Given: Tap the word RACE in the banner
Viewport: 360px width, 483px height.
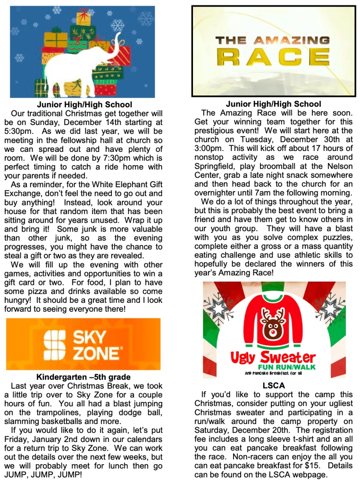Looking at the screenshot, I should click(x=273, y=57).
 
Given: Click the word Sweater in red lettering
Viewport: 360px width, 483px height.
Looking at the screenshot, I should click(x=286, y=357).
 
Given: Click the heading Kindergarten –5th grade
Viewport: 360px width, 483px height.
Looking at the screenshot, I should click(x=83, y=377).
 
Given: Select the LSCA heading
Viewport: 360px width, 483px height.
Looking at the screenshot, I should click(x=274, y=385).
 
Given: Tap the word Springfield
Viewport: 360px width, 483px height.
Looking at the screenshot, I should click(x=218, y=166).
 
